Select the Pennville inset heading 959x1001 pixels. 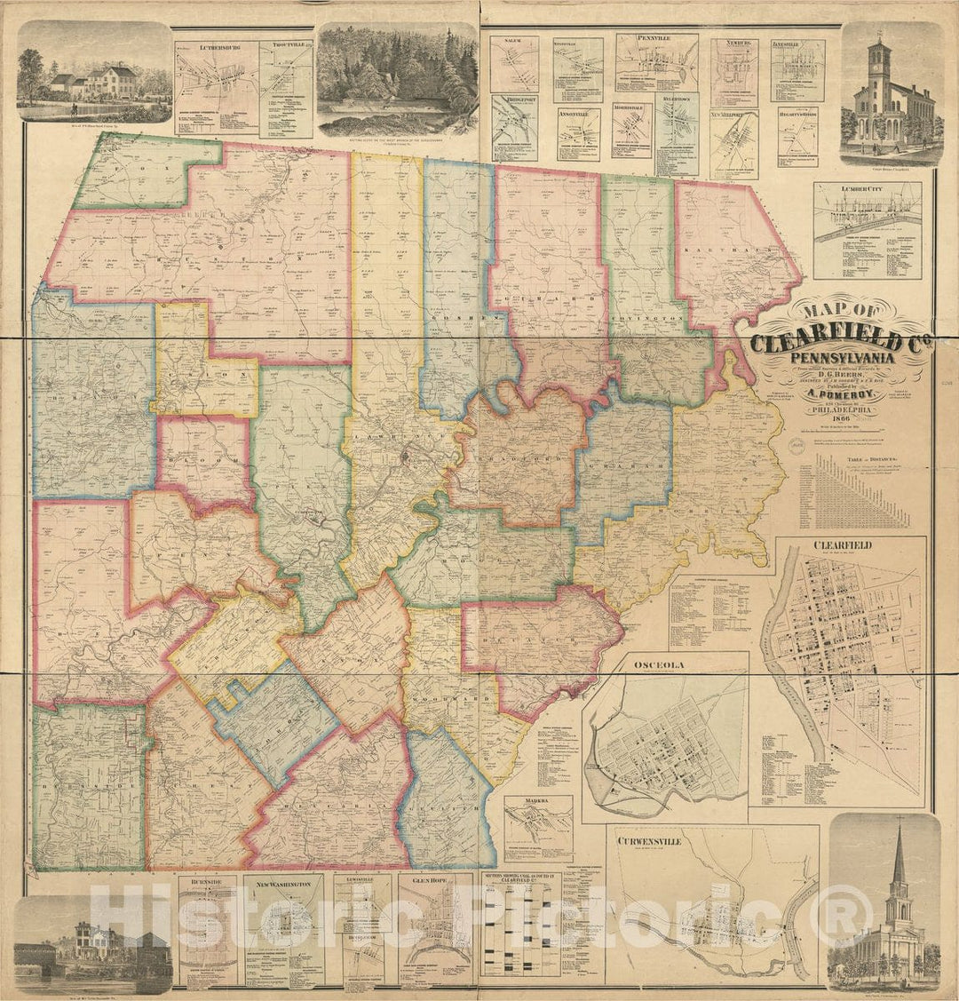point(656,39)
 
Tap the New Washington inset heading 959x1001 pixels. point(283,885)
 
